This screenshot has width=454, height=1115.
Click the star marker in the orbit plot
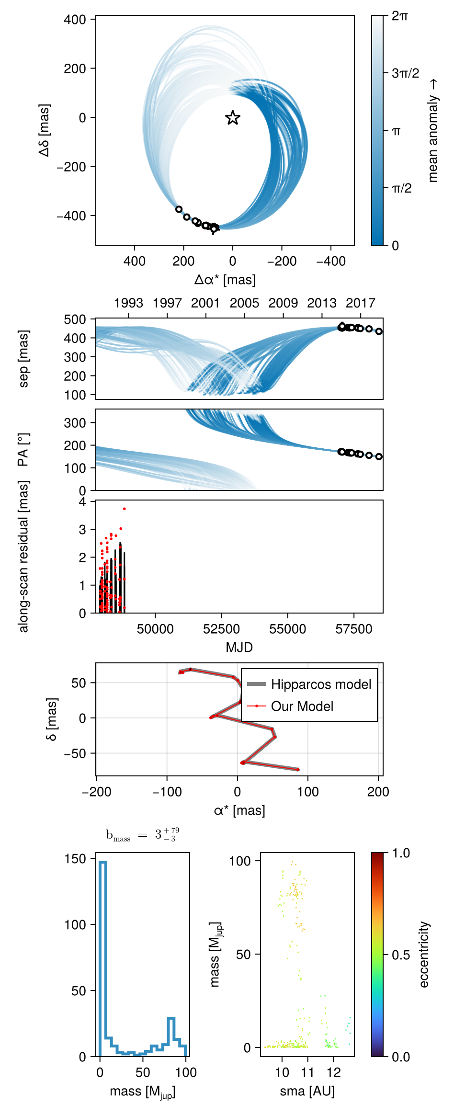[x=233, y=118]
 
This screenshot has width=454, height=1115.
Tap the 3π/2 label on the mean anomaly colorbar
[x=405, y=73]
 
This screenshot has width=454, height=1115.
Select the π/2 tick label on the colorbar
[x=402, y=188]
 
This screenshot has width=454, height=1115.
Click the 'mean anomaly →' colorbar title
[x=433, y=131]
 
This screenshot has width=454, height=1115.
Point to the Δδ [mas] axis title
[x=45, y=130]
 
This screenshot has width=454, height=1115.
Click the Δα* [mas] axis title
[x=225, y=280]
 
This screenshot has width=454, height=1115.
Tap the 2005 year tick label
[x=244, y=303]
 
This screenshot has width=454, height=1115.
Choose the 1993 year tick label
[x=128, y=303]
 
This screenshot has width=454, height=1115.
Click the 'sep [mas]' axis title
[x=23, y=358]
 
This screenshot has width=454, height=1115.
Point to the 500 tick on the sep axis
[x=76, y=319]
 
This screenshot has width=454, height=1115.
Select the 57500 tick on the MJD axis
[x=353, y=629]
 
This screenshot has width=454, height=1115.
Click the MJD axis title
[x=239, y=648]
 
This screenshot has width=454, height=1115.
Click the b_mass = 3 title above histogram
[x=142, y=835]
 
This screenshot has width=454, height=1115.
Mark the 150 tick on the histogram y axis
[x=76, y=859]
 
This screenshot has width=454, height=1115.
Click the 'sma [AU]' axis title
[x=307, y=1091]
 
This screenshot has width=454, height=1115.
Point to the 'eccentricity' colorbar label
[x=424, y=955]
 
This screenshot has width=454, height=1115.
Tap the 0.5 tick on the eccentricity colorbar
[x=401, y=955]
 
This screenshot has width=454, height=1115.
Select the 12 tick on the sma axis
[x=334, y=1072]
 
